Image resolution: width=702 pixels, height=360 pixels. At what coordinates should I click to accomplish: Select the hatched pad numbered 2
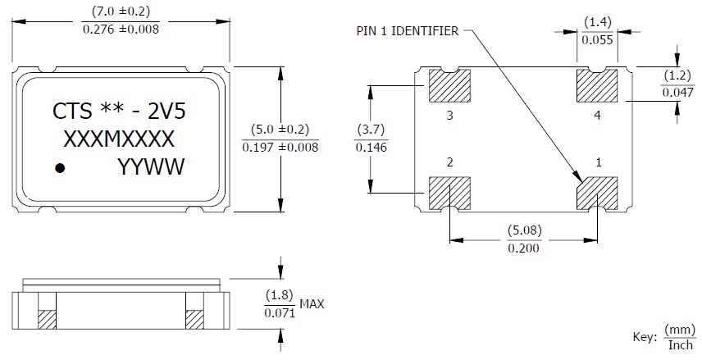(x=449, y=194)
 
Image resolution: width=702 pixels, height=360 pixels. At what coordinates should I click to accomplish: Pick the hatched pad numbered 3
(x=449, y=85)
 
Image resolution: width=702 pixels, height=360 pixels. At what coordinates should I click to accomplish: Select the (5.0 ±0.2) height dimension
(x=280, y=130)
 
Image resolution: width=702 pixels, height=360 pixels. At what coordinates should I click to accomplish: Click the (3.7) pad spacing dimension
(x=371, y=130)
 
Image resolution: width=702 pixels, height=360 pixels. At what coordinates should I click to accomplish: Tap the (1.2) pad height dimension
(x=677, y=76)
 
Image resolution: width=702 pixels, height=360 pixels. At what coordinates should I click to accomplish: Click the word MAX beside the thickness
(x=312, y=304)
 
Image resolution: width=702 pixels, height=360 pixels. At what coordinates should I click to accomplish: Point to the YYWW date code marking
(x=152, y=168)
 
